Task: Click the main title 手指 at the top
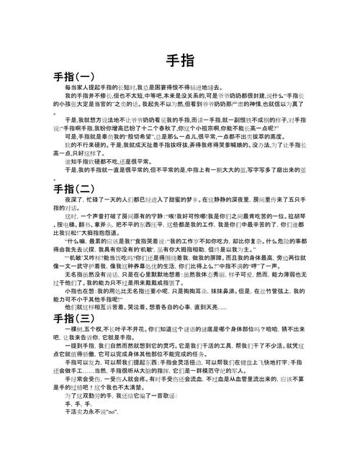click(x=179, y=60)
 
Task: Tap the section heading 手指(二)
click(x=73, y=190)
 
